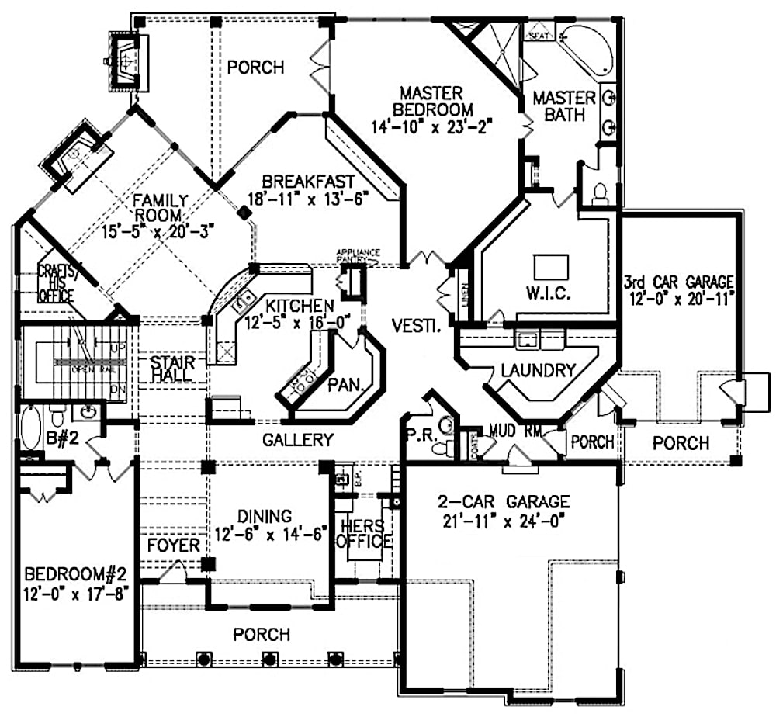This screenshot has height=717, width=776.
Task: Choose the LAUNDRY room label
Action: click(x=539, y=370)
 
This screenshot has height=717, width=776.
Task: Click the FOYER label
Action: click(x=174, y=546)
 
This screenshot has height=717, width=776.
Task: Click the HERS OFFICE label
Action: click(x=363, y=533)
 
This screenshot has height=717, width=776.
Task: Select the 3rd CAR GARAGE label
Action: click(x=679, y=280)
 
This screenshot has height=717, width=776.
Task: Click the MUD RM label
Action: click(x=513, y=431)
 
